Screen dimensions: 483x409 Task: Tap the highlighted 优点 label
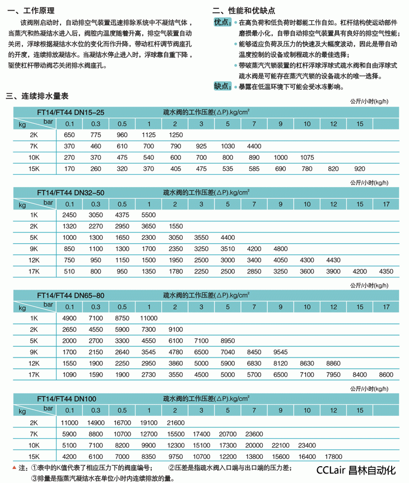pyautogui.click(x=222, y=22)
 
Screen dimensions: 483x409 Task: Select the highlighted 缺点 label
pyautogui.click(x=222, y=86)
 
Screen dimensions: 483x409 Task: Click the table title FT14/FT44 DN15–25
pyautogui.click(x=71, y=112)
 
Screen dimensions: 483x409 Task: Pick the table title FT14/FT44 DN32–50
pyautogui.click(x=71, y=192)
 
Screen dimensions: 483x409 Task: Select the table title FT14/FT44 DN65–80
pyautogui.click(x=71, y=295)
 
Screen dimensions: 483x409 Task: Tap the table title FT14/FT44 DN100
pyautogui.click(x=67, y=398)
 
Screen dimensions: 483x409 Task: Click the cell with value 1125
pyautogui.click(x=148, y=135)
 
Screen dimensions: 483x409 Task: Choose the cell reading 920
pyautogui.click(x=360, y=169)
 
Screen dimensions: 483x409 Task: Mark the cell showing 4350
pyautogui.click(x=386, y=271)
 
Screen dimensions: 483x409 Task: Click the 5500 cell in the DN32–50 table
pyautogui.click(x=148, y=215)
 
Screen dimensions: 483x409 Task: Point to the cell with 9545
pyautogui.click(x=280, y=351)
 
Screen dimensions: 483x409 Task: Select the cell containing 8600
pyautogui.click(x=386, y=374)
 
